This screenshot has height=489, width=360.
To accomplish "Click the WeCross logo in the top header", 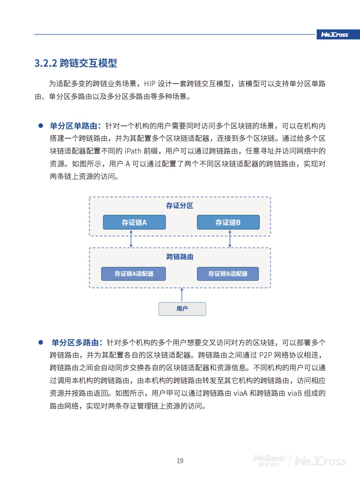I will coord(335,34).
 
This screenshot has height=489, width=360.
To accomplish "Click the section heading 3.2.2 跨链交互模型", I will coord(76,63).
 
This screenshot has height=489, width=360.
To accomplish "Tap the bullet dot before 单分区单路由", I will coord(41,126).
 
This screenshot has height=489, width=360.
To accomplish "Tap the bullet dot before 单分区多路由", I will coord(41,342).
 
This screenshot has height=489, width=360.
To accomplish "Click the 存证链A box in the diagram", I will coord(134,222).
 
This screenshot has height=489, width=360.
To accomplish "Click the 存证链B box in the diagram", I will coord(228,222).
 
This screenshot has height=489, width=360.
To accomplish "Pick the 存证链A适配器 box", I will coord(134,274).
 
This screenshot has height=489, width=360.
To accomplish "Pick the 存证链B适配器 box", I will coord(228,274).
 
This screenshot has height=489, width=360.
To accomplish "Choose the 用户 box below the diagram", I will coord(182,309).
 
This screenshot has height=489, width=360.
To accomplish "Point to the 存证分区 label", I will coord(180,205).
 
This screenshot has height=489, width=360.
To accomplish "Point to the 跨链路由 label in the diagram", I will coord(180,257).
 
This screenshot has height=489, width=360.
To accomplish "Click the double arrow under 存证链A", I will coord(131,238).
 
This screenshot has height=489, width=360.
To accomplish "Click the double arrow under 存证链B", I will coord(230,238).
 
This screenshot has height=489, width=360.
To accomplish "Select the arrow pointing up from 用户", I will coord(182,295).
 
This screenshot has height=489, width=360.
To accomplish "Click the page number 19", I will coord(180,461).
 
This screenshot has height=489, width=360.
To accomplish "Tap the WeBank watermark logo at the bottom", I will coord(269,460).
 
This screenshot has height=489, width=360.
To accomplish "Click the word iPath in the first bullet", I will coord(133,151).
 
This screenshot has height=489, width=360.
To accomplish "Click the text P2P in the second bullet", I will coord(266,355).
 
